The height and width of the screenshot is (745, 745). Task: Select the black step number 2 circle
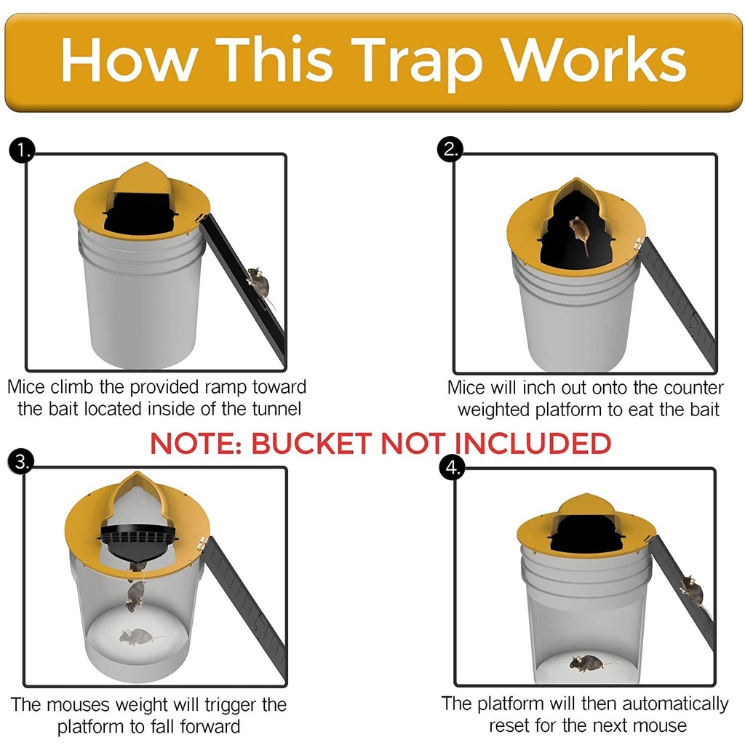[451, 149]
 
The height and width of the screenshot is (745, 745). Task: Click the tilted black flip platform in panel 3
[138, 538]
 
